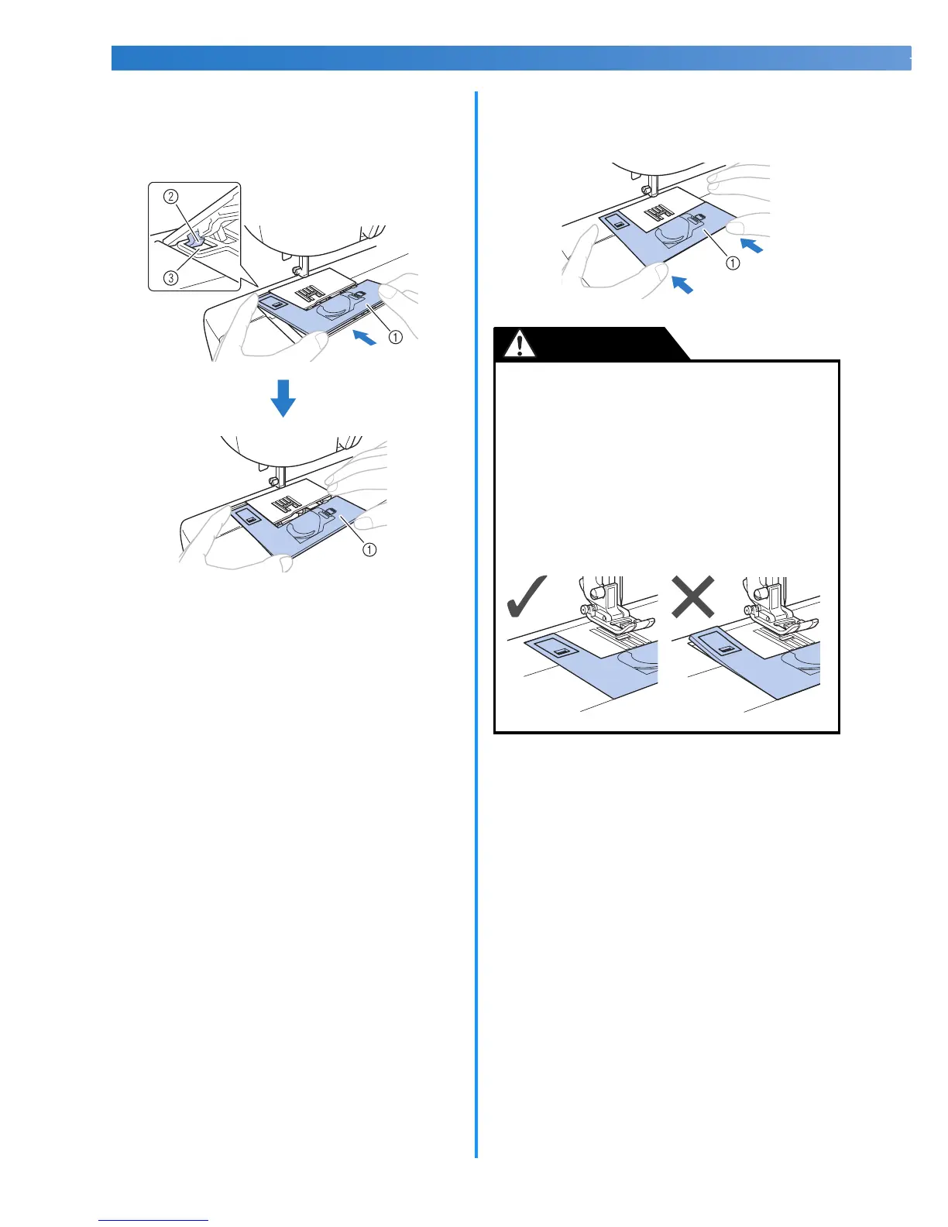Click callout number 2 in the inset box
[x=171, y=197]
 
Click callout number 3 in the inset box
[x=171, y=277]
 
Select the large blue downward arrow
[x=283, y=397]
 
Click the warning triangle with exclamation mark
[x=520, y=343]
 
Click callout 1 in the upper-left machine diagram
[x=395, y=337]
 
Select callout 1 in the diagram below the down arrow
[x=370, y=549]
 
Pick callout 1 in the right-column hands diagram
[x=732, y=263]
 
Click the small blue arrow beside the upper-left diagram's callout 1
[x=365, y=337]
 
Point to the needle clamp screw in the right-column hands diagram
[x=645, y=187]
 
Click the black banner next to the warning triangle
[x=612, y=343]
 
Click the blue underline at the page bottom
[x=153, y=1220]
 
